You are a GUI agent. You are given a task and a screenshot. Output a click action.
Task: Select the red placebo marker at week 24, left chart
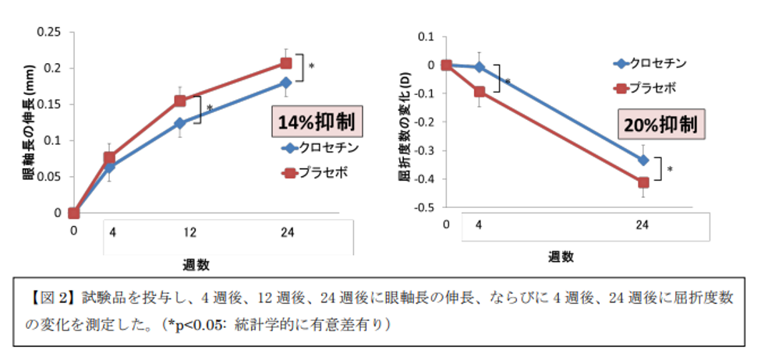coord(285,63)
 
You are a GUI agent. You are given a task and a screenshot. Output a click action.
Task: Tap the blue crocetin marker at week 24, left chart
coord(285,83)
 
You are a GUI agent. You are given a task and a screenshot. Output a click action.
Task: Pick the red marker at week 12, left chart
coord(180,101)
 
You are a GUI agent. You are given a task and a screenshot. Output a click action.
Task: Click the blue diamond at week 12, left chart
coord(180,123)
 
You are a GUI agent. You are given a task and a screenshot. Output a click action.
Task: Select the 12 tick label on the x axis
coord(180,231)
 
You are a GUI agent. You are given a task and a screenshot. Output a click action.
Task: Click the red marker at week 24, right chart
coord(644,182)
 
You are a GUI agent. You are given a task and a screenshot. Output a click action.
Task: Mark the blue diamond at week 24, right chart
coord(644,160)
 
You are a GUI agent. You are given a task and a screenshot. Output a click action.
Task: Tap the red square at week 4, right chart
coord(480,92)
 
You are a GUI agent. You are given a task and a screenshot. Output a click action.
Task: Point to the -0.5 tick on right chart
coord(423,208)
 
